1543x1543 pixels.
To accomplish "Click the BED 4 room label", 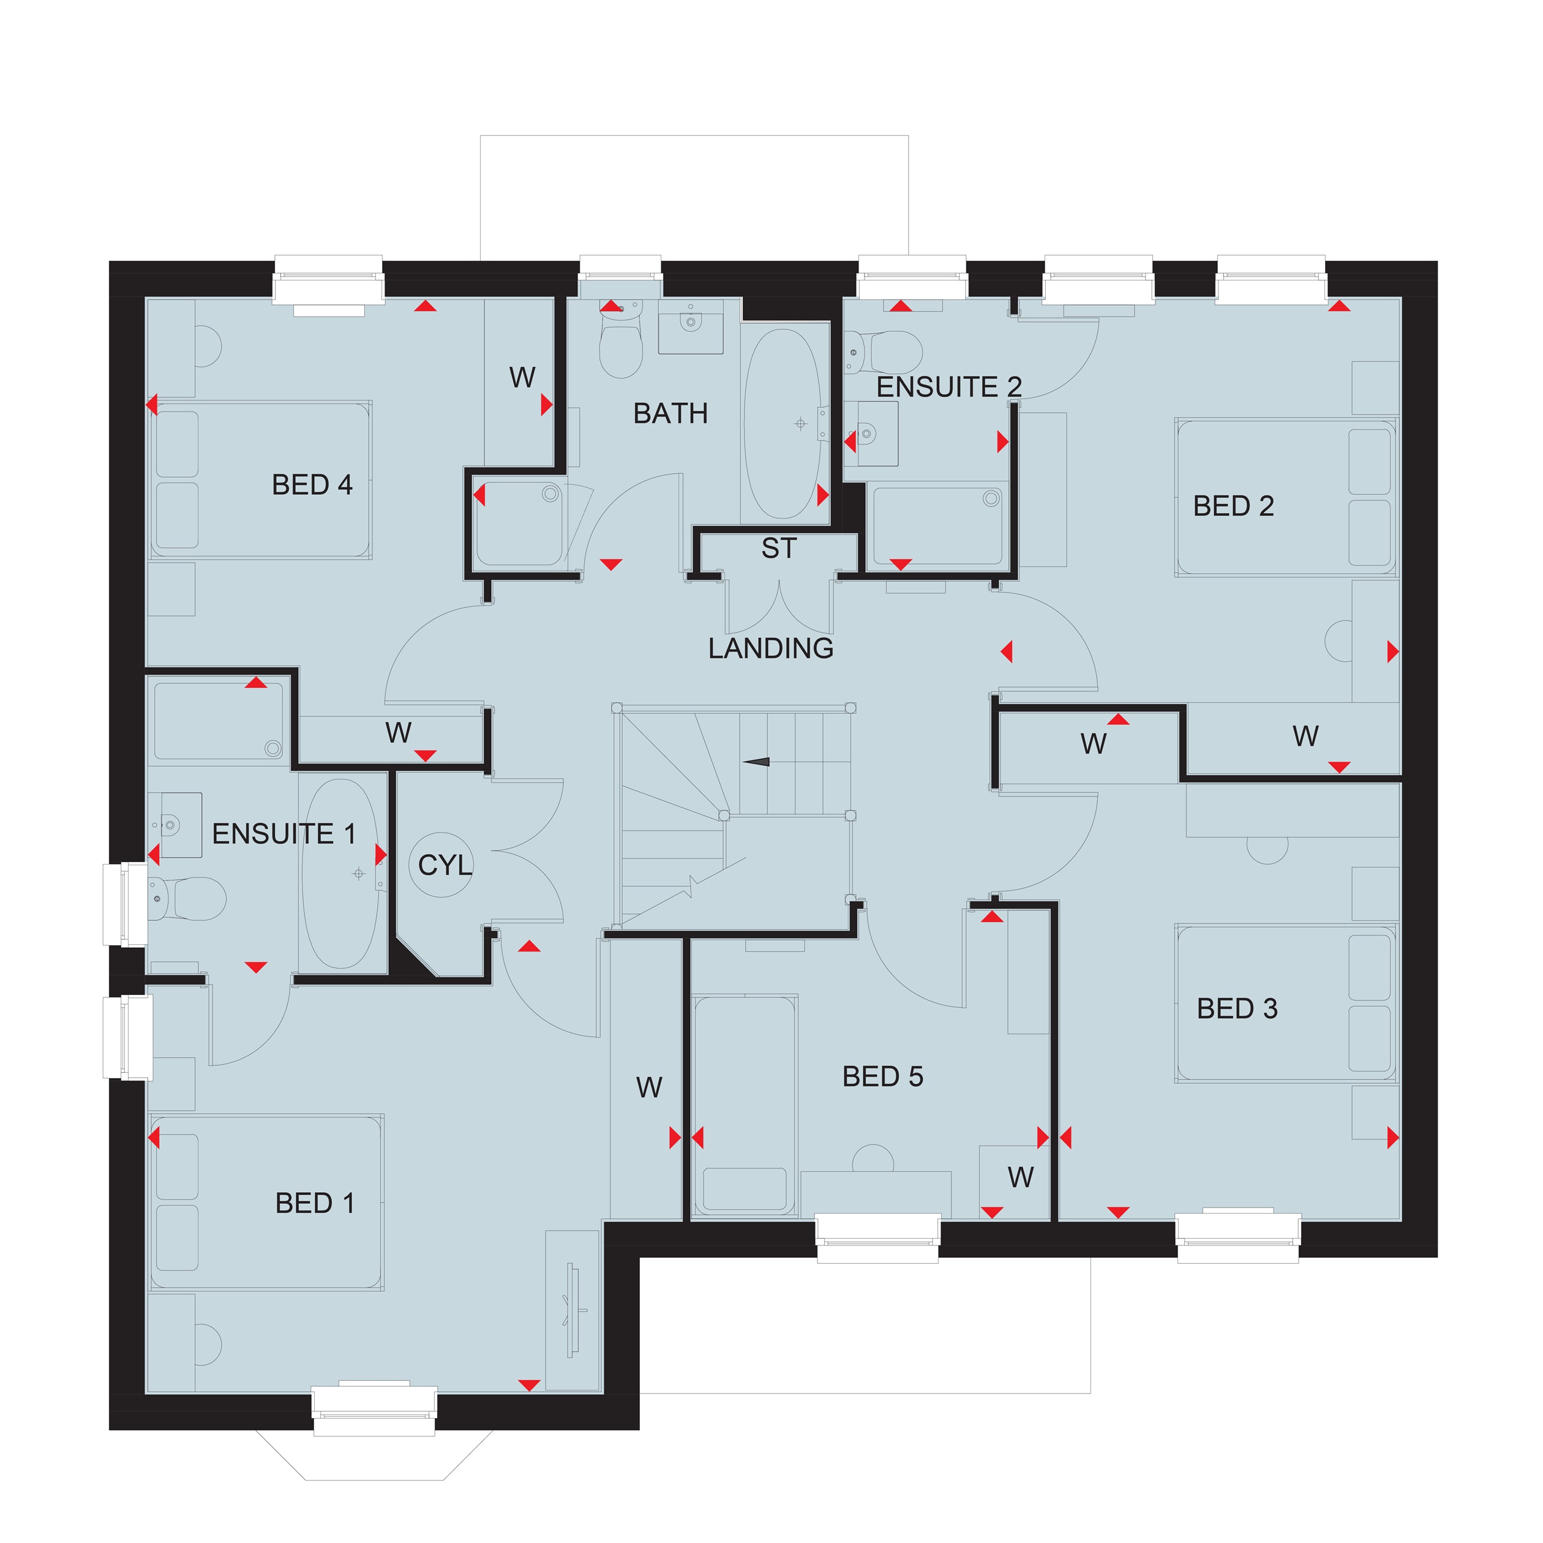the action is [312, 485].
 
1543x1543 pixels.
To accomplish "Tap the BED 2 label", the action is [1233, 506].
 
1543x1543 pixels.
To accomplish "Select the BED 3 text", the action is [1237, 1008].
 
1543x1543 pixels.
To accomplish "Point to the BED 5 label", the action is [882, 1076].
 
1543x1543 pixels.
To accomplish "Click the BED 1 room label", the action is [315, 1203].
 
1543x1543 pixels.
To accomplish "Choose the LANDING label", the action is [771, 648].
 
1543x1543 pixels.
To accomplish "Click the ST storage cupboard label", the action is [779, 548].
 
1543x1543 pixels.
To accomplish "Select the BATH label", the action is [670, 413].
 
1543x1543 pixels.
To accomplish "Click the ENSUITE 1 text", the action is [283, 834].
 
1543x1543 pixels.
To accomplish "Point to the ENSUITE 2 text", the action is [949, 386].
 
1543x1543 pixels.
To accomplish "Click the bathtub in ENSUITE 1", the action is [342, 873].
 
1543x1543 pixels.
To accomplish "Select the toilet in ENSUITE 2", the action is [884, 352].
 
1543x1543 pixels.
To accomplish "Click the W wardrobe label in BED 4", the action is [522, 377].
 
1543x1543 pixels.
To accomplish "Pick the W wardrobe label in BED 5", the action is [1021, 1177].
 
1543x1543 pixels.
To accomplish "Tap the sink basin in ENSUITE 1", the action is [181, 825].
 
